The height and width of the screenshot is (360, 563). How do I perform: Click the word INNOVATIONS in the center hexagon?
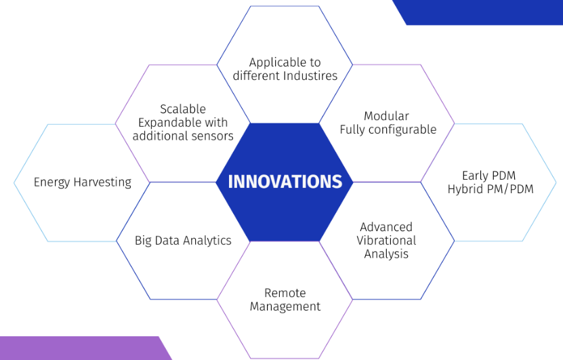pyautogui.click(x=285, y=182)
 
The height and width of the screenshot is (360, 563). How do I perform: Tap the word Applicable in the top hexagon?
pyautogui.click(x=275, y=63)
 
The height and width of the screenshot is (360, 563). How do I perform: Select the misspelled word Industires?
pyautogui.click(x=310, y=76)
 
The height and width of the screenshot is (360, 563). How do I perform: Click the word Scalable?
pyautogui.click(x=183, y=109)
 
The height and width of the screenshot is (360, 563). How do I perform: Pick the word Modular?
pyautogui.click(x=386, y=116)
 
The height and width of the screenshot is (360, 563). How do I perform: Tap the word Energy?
pyautogui.click(x=51, y=182)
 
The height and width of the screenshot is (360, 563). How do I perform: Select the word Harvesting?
pyautogui.click(x=102, y=182)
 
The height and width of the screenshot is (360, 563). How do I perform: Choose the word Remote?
pyautogui.click(x=285, y=293)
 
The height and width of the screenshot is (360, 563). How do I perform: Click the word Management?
pyautogui.click(x=285, y=306)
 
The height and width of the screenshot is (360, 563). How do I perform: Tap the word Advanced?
pyautogui.click(x=386, y=227)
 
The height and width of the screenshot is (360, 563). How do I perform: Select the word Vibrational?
pyautogui.click(x=386, y=241)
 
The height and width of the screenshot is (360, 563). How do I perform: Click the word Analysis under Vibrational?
pyautogui.click(x=386, y=254)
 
